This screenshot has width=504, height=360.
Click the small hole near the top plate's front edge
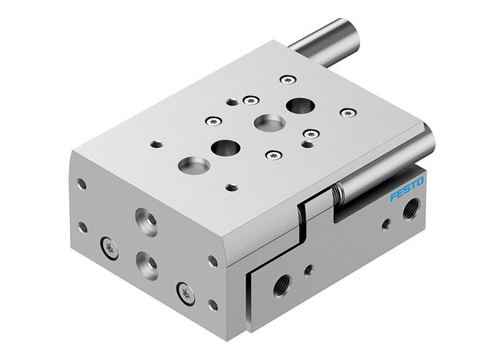click(x=231, y=187)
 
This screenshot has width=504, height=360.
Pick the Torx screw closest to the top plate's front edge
click(x=274, y=153)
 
